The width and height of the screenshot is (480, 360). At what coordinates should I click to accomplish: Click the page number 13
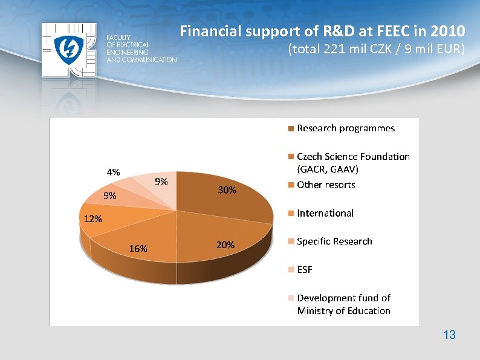[449, 335]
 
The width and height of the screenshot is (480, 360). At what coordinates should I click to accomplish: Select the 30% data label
[227, 190]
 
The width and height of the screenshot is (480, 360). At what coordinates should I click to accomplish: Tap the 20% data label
[225, 245]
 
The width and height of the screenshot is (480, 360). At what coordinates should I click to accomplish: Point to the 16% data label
[138, 249]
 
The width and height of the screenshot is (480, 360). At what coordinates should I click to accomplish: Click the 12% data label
[92, 219]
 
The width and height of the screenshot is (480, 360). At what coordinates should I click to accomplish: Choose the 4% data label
[113, 172]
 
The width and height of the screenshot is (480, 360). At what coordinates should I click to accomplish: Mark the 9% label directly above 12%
[109, 195]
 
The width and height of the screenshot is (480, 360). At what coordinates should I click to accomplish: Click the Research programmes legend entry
[345, 128]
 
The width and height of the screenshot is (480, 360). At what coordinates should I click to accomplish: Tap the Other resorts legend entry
[326, 185]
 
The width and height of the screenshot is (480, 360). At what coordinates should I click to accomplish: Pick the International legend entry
[325, 213]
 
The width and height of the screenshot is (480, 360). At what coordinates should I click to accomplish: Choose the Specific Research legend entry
[334, 241]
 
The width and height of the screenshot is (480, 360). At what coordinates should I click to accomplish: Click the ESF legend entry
[305, 270]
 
